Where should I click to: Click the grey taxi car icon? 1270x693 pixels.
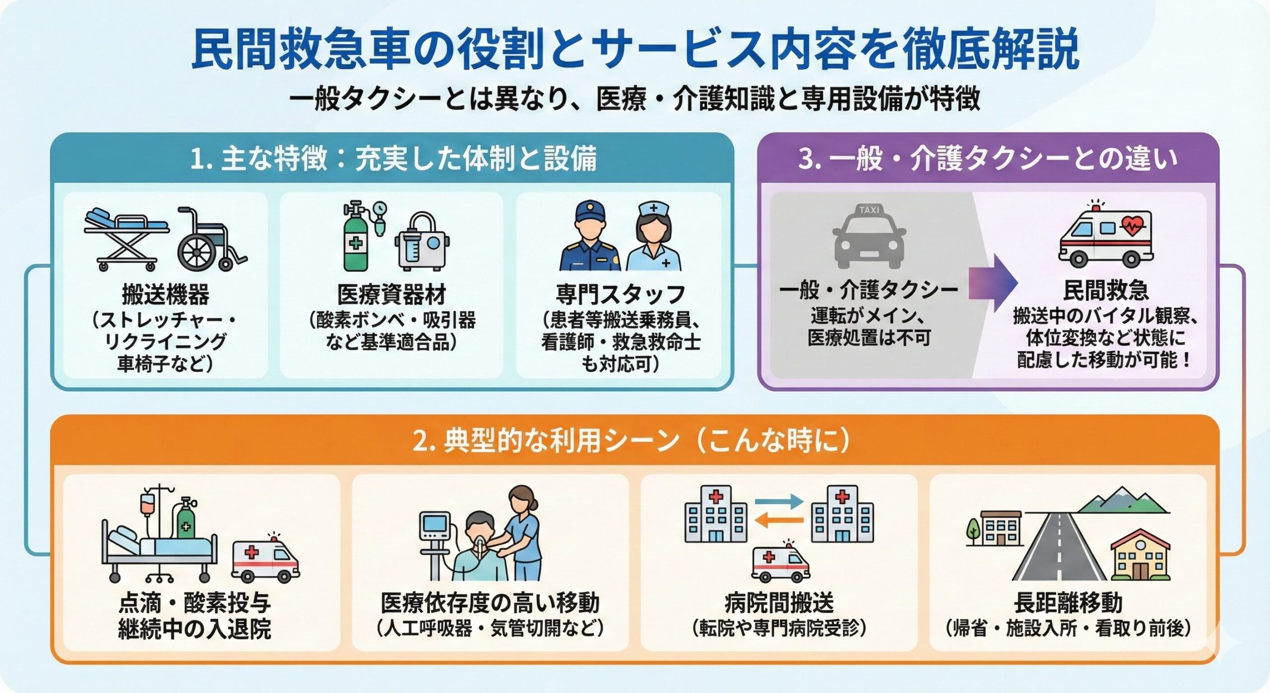tap(869, 238)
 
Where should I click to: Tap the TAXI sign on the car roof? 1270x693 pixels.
tap(869, 210)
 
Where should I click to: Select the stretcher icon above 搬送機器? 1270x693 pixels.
tap(127, 238)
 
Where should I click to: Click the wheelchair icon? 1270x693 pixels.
tap(208, 241)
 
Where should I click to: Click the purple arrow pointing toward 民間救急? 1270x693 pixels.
tap(992, 283)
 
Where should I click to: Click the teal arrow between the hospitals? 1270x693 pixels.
tap(779, 501)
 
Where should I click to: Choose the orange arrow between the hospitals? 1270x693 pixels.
tap(779, 520)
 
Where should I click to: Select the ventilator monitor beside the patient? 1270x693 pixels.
tap(435, 526)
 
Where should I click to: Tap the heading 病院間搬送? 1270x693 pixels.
tap(779, 603)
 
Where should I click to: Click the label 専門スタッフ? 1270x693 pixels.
tap(620, 294)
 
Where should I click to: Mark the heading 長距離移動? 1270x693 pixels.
tap(1068, 603)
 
